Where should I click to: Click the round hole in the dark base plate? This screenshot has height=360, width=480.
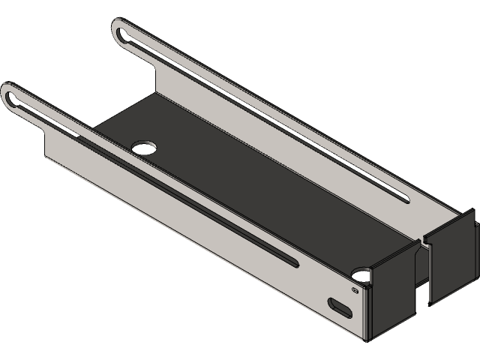point(142,145)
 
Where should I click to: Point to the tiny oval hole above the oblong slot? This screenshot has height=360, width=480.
point(355,289)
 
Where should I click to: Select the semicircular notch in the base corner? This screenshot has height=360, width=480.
point(362,275)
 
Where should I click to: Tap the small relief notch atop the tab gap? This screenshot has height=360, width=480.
point(420,240)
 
